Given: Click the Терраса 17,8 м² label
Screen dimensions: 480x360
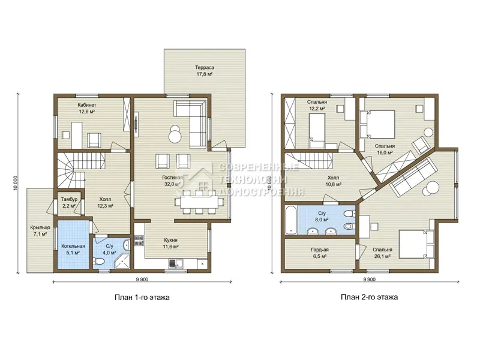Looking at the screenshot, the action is point(205,71).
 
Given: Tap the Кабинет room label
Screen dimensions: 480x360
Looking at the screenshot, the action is point(86,105).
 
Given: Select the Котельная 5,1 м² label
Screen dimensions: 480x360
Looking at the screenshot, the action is point(73,250).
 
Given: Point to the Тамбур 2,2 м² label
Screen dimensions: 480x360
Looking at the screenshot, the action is point(69,203).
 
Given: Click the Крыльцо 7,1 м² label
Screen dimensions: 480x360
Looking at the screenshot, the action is point(40,231).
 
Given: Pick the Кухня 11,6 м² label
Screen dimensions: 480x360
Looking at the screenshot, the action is point(170,244).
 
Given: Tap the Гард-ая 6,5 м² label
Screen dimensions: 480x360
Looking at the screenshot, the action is point(320,253).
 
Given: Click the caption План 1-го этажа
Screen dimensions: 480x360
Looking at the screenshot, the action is point(142,297).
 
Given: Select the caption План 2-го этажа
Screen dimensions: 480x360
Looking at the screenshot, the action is point(369,297).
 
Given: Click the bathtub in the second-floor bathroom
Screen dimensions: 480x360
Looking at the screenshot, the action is point(290,220).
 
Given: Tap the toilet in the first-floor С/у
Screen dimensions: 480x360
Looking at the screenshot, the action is point(98,262).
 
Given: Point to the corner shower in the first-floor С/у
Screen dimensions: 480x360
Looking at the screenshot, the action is point(122,262).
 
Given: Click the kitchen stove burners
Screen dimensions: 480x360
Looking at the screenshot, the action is point(139,241).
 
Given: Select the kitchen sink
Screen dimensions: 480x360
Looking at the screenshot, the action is point(176,263).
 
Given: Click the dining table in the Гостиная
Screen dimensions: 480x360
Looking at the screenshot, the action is point(199,202).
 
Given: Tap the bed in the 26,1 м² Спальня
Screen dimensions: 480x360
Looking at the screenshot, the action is point(416,244).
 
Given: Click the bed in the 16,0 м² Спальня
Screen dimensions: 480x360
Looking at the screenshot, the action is point(377,124).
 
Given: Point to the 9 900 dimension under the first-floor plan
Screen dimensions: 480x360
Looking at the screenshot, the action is point(142,279).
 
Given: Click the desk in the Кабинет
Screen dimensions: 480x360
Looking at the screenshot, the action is point(77,134).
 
